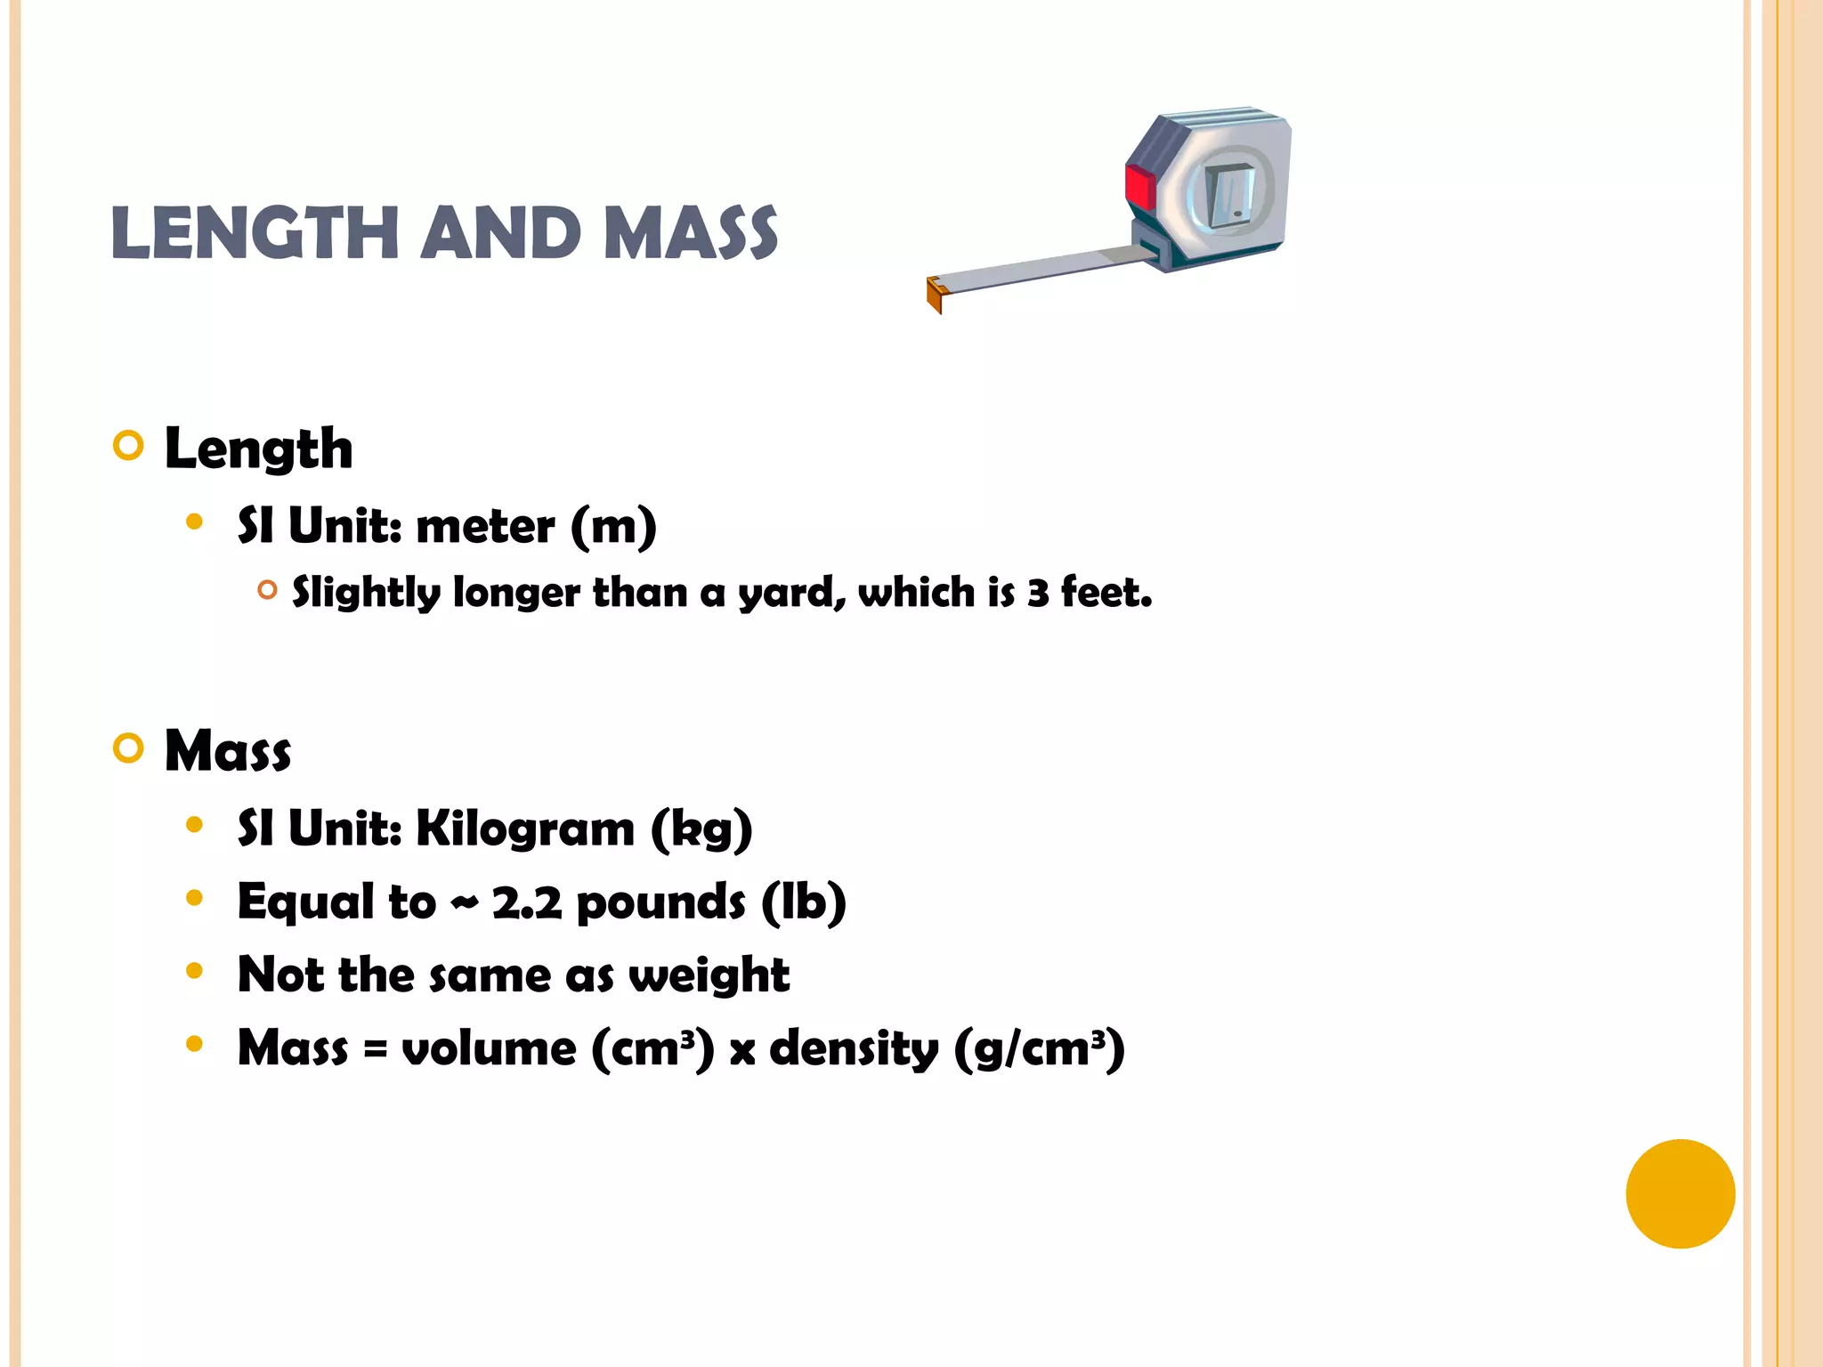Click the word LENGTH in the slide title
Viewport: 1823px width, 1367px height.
coord(255,233)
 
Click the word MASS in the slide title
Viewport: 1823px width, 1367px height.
coord(691,233)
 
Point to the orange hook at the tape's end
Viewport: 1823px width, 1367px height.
coord(935,294)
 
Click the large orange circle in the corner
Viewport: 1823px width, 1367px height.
coord(1680,1193)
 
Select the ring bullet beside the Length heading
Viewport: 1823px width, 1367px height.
coord(129,445)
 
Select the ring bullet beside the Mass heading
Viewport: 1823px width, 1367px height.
coord(129,748)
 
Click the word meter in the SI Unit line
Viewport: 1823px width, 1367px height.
coord(485,526)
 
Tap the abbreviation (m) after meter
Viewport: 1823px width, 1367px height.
coord(613,526)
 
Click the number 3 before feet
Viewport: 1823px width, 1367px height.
coord(1038,593)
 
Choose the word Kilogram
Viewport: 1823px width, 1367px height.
coord(525,829)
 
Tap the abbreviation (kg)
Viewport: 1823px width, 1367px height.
coord(702,829)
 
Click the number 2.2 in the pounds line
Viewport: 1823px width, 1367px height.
coord(527,902)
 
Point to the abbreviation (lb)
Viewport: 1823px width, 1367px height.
coord(804,902)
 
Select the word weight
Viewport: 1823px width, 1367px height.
coord(709,975)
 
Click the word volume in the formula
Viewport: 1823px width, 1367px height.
coord(490,1048)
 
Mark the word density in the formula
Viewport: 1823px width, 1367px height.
coord(854,1048)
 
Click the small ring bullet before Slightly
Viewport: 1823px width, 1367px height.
coord(267,589)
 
